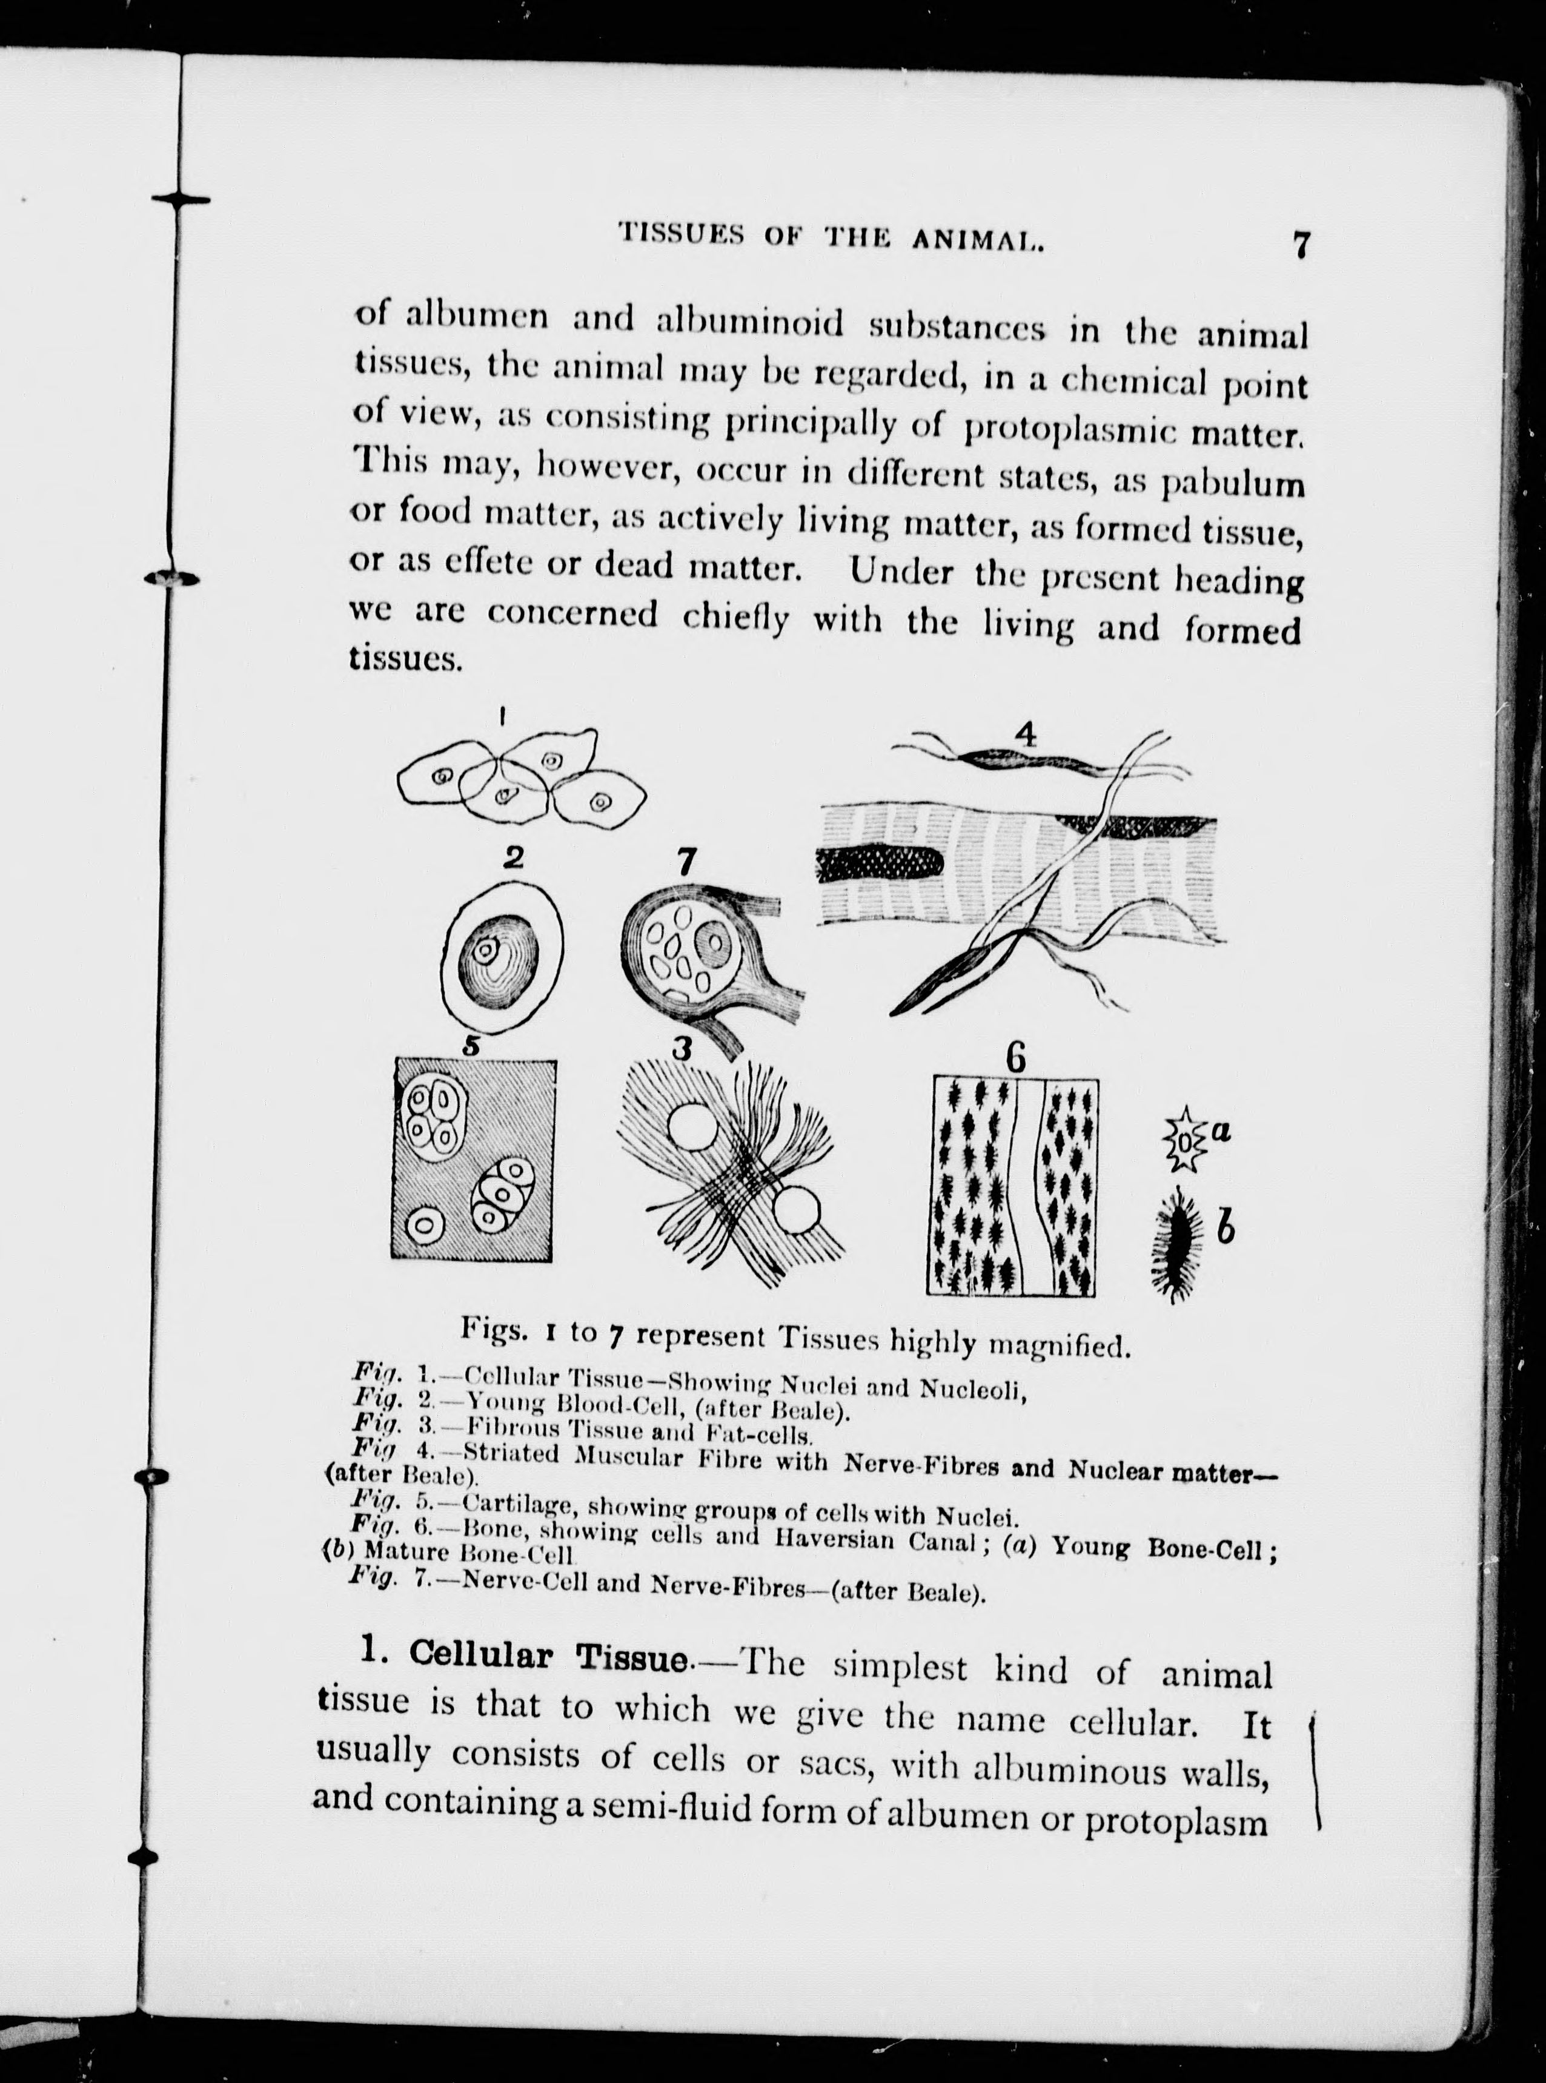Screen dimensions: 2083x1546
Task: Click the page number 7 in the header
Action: [x=1300, y=245]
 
